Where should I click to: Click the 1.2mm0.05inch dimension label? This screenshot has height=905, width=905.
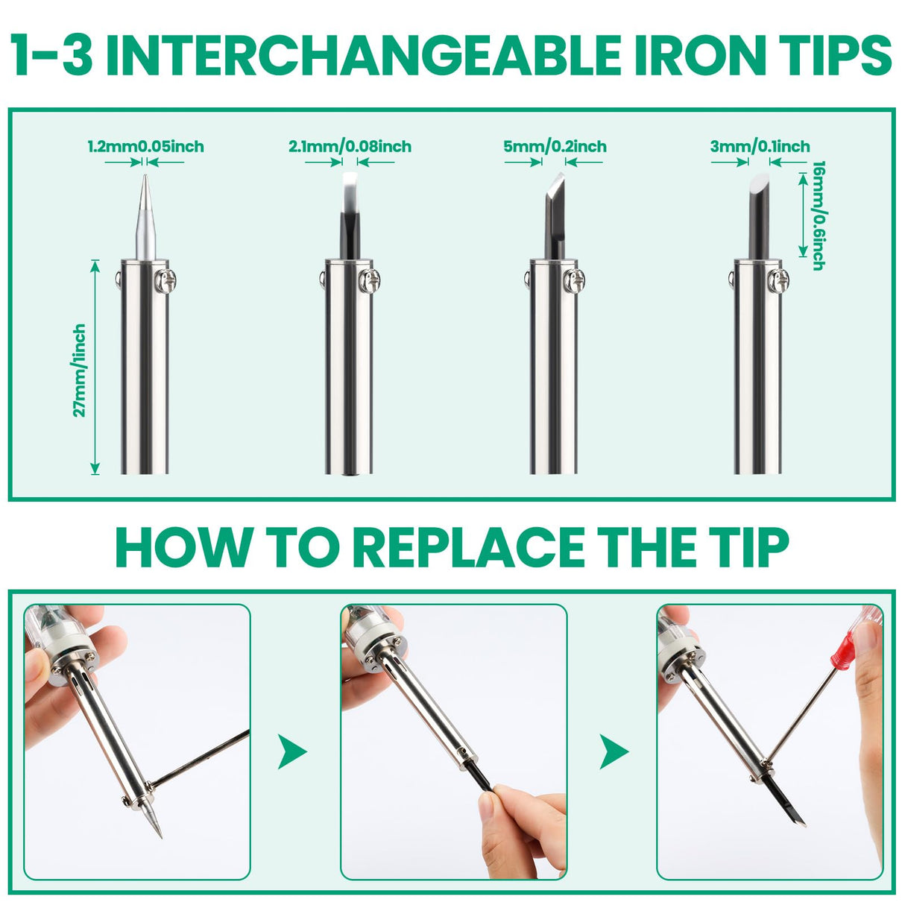[145, 147]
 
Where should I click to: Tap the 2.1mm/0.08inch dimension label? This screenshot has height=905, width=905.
[350, 147]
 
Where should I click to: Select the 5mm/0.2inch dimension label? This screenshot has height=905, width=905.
[555, 147]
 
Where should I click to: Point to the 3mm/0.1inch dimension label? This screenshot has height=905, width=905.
[760, 147]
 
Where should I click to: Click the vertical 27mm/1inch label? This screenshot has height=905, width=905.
[79, 370]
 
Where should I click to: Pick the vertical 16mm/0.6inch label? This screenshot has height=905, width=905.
[819, 215]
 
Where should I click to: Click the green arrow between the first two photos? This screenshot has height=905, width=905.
[291, 752]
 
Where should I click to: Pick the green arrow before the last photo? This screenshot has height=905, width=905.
[614, 752]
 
